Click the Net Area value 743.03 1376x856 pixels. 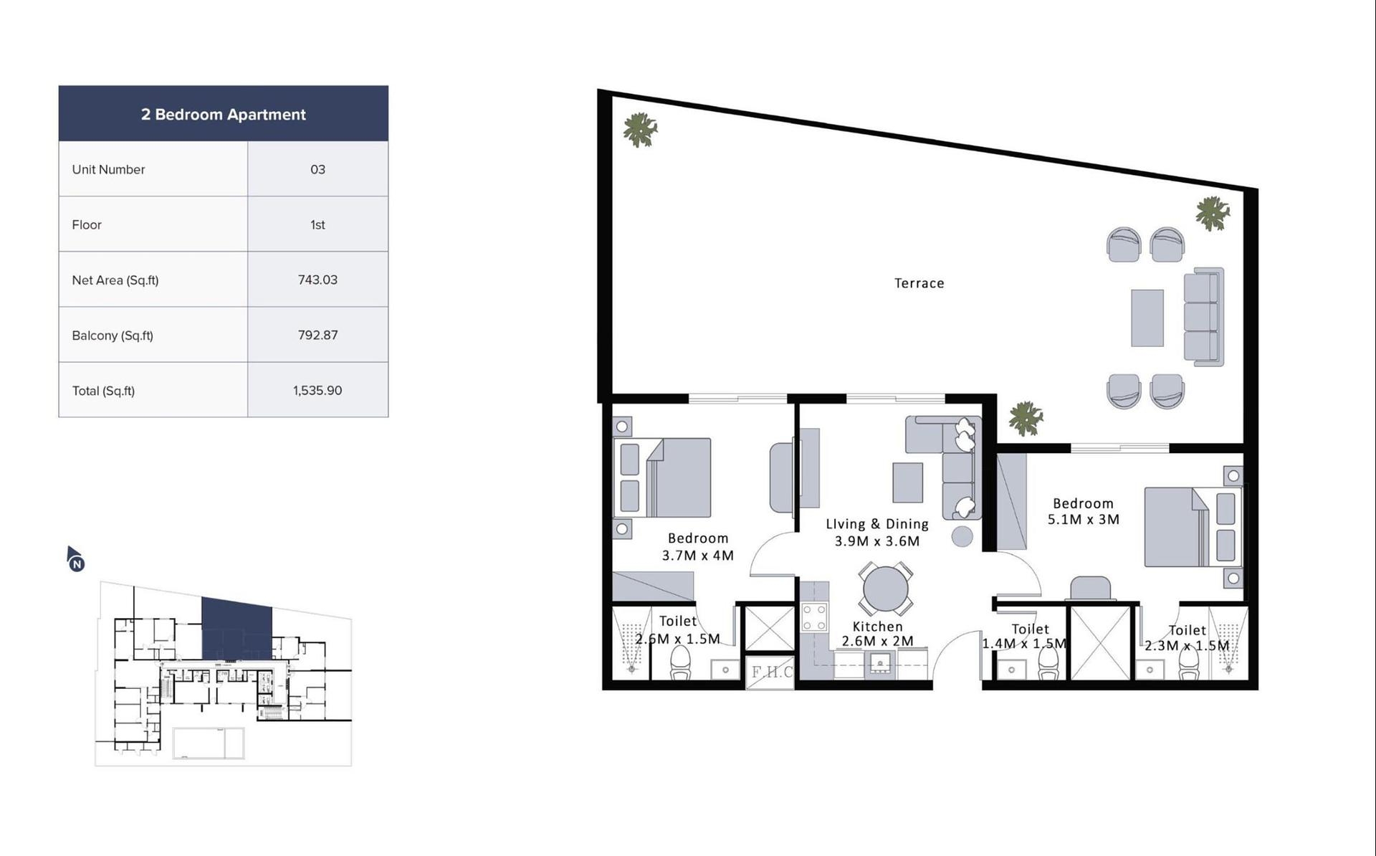pos(317,280)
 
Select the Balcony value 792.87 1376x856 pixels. pos(317,335)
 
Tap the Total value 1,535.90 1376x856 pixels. pos(317,391)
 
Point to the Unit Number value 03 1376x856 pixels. pos(317,169)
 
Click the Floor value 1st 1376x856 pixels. pos(317,224)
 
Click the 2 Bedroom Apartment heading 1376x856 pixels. pos(224,115)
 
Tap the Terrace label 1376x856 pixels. pos(919,283)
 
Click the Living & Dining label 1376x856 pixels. pos(877,524)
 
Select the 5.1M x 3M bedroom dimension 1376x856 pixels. pos(1084,520)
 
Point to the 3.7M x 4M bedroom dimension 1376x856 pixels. pos(698,556)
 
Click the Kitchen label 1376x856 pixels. pos(878,627)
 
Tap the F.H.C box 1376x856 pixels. pos(770,672)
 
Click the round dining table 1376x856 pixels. pos(886,589)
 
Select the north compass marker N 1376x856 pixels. pos(77,563)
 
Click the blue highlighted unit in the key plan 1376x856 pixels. pos(236,629)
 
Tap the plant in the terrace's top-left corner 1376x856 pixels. pos(640,130)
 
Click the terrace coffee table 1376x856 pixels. pos(1147,318)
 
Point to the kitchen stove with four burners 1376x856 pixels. pos(814,617)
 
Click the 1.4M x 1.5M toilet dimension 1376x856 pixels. pos(1025,644)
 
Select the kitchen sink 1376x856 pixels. pos(879,665)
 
